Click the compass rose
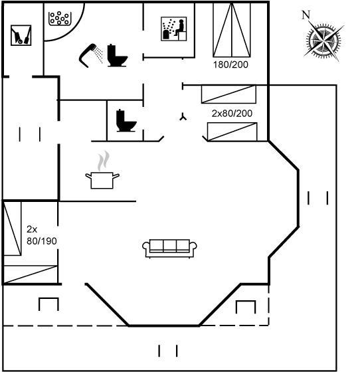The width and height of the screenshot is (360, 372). (323, 41)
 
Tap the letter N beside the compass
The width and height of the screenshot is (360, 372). (306, 15)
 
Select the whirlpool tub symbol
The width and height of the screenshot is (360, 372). (60, 19)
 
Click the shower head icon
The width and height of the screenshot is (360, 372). (91, 56)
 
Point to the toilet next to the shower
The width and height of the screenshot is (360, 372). (117, 55)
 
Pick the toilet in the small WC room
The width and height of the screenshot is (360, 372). (126, 120)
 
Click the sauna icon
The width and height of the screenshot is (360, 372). (174, 29)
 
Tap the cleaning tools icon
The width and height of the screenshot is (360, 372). (21, 35)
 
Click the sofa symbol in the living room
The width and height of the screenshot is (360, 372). (169, 248)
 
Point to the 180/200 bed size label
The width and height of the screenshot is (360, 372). (230, 64)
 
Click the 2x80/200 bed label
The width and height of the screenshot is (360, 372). (232, 114)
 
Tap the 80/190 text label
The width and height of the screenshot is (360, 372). (42, 241)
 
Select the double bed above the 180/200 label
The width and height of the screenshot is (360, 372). (232, 30)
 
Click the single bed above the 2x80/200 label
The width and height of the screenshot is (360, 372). (228, 94)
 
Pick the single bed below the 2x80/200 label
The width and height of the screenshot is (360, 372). (232, 132)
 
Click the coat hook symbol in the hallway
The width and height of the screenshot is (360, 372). (183, 117)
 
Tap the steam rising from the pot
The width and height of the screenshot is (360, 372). (104, 160)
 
